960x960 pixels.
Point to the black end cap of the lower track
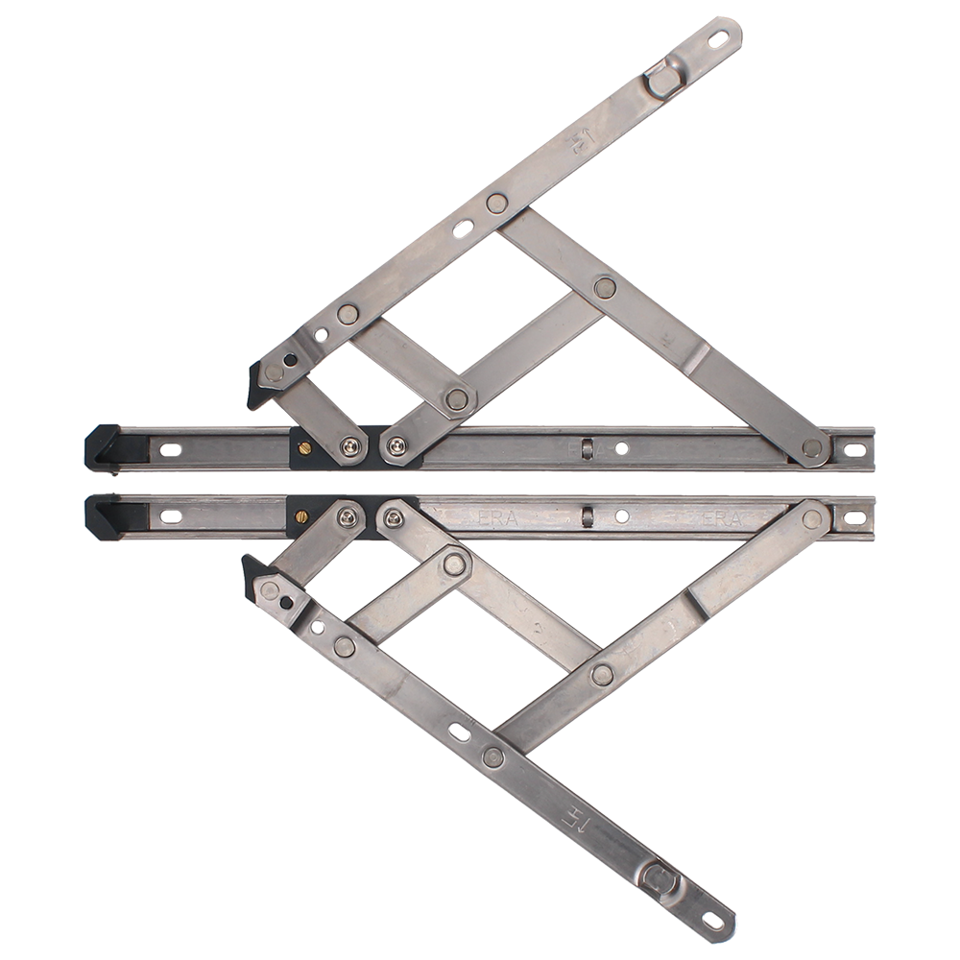pyautogui.click(x=106, y=516)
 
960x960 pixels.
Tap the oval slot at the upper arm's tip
pyautogui.click(x=719, y=37)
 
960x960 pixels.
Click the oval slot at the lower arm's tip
pyautogui.click(x=712, y=922)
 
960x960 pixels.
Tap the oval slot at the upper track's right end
pyautogui.click(x=853, y=448)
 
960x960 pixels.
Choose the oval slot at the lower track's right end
pyautogui.click(x=852, y=518)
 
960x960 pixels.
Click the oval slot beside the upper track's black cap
pyautogui.click(x=173, y=447)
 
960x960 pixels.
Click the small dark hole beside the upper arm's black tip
pyautogui.click(x=290, y=359)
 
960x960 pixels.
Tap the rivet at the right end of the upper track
pyautogui.click(x=812, y=447)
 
